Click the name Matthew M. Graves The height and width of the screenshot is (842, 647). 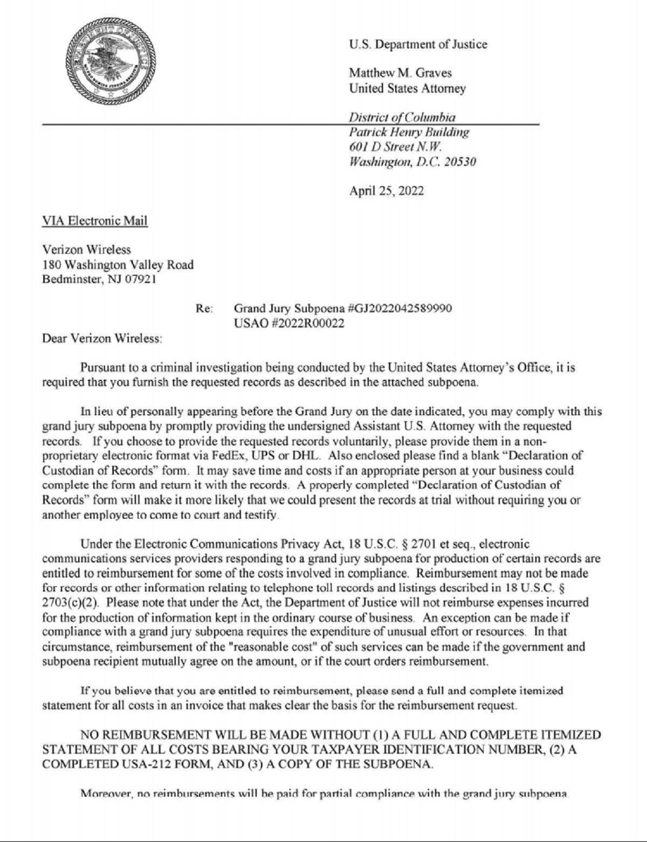pos(400,73)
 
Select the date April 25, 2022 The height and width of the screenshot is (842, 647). pos(386,191)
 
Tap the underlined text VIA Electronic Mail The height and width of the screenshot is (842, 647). pos(95,220)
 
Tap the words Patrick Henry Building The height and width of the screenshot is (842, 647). pos(409,132)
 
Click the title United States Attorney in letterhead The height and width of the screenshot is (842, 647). pos(407,88)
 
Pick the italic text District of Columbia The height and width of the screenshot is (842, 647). pos(402,117)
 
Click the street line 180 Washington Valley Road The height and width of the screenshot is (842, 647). pos(118,265)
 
